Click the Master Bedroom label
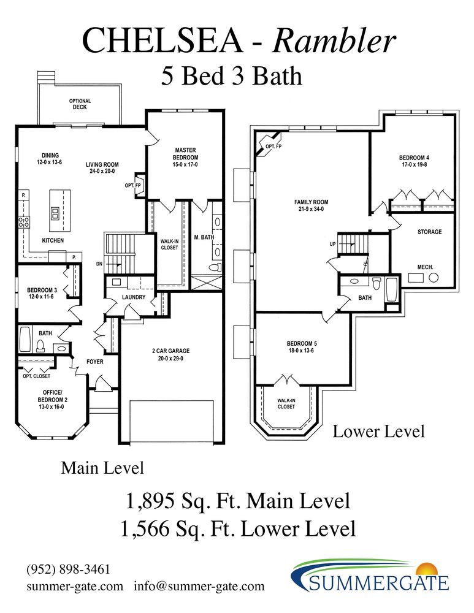pos(185,154)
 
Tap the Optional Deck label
pos(80,104)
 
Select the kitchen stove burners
pos(25,222)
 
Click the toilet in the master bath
pos(213,267)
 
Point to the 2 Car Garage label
pos(171,351)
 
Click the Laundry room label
pos(133,297)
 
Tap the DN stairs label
pos(99,264)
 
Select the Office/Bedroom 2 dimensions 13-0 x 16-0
pos(51,406)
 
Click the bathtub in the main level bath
pos(25,339)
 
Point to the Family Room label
pos(312,202)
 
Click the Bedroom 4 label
pos(414,158)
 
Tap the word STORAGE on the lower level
pos(429,232)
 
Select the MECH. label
pos(425,267)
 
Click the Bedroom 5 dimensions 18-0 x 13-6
pos(301,350)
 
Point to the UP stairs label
pos(333,244)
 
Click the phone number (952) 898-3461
pos(69,569)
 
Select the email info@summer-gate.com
pos(199,586)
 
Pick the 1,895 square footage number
pos(150,501)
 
